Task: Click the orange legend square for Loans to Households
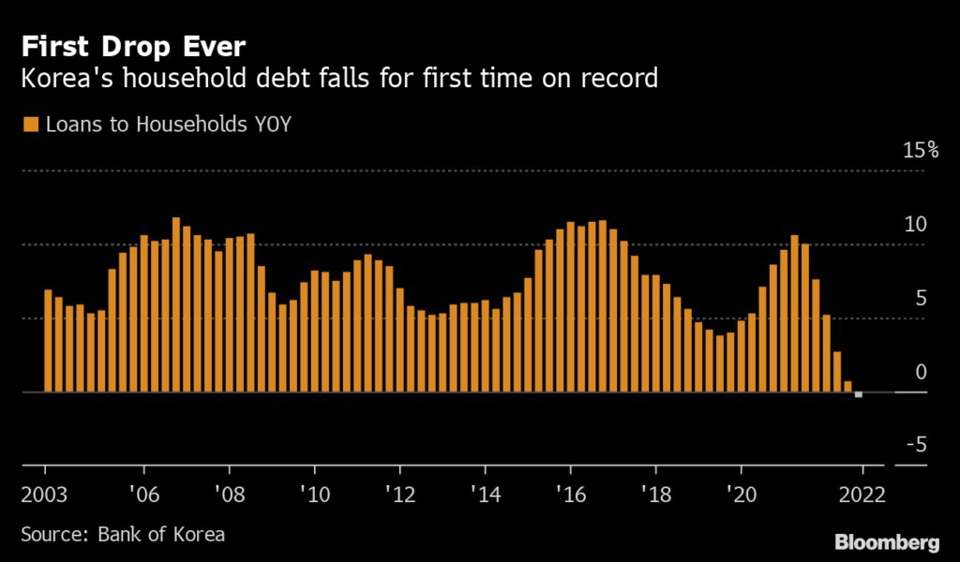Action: click(29, 124)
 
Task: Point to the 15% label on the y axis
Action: click(920, 150)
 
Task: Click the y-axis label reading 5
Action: click(920, 298)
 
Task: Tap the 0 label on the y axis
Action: click(920, 372)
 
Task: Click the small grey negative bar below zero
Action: click(859, 394)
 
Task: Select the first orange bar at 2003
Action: click(49, 341)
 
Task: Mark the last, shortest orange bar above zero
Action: click(847, 386)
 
